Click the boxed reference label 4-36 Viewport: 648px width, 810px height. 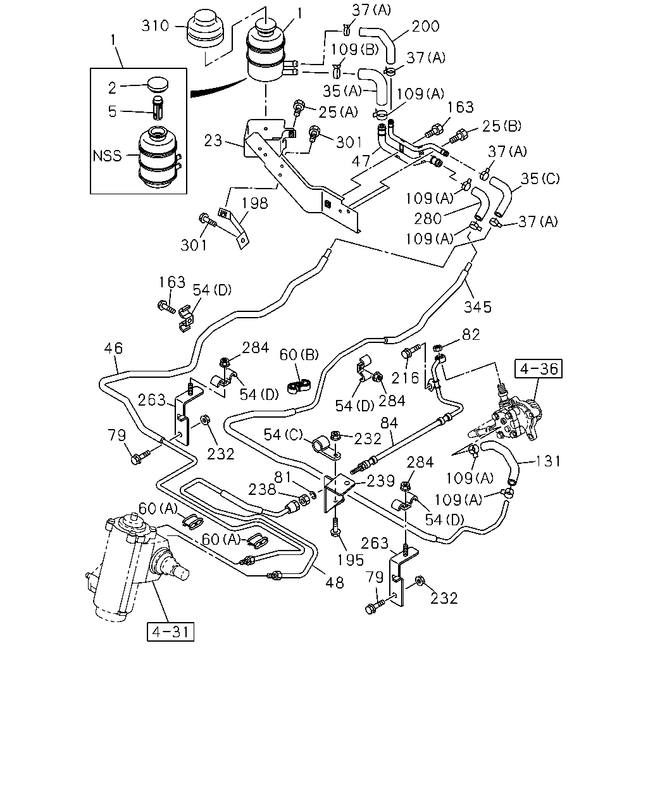click(538, 369)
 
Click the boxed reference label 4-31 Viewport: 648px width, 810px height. click(170, 632)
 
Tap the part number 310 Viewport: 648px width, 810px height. click(155, 26)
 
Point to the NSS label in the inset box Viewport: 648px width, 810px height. click(108, 156)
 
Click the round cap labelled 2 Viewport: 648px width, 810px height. click(158, 84)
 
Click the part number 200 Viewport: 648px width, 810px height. click(425, 27)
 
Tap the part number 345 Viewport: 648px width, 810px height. click(477, 307)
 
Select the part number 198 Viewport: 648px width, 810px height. click(255, 203)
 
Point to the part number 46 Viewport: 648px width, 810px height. click(113, 348)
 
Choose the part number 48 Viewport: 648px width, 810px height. click(335, 583)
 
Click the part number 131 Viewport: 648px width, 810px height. click(548, 461)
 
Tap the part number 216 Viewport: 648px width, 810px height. click(405, 378)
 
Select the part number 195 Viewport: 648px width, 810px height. click(351, 560)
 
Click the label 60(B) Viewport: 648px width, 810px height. click(299, 354)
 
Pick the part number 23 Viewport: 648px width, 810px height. click(213, 140)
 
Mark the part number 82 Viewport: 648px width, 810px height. click(471, 335)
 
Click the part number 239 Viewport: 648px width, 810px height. click(381, 481)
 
